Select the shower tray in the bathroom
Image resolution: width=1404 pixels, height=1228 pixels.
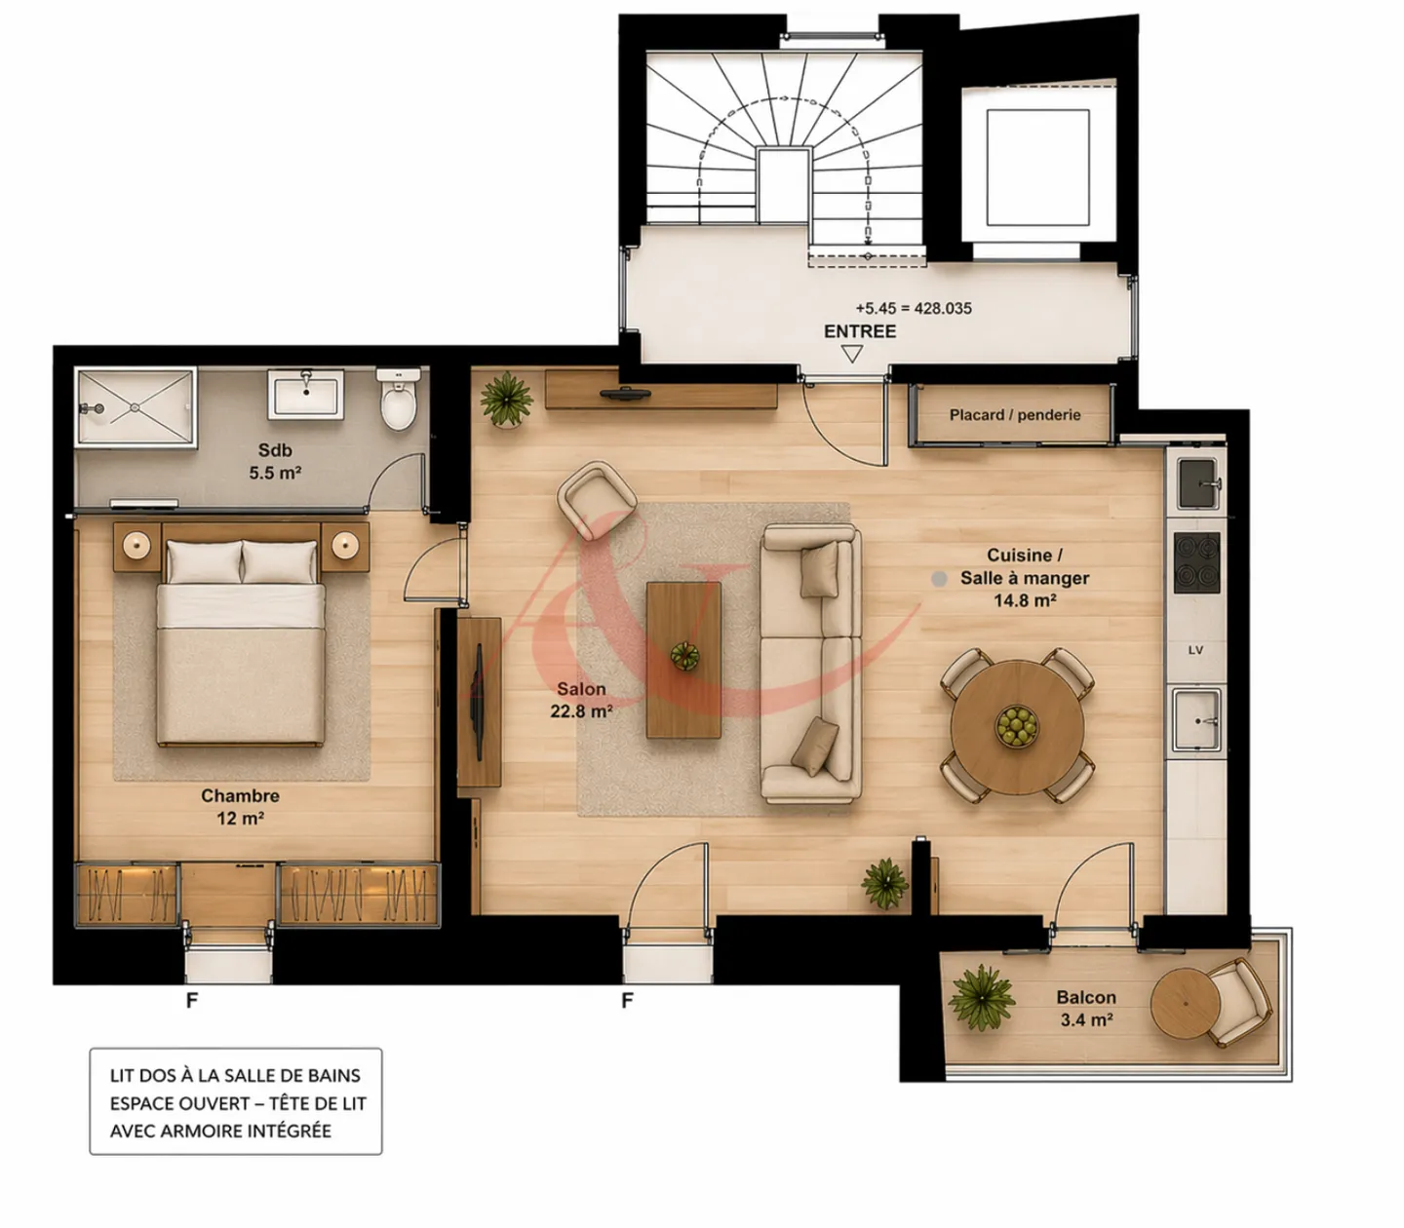coord(136,406)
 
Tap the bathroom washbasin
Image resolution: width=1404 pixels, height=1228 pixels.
coord(306,394)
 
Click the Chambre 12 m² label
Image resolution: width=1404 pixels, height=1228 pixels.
coord(240,807)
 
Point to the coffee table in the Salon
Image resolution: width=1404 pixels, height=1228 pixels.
coord(683,659)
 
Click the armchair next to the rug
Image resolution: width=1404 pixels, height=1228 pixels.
coord(597,497)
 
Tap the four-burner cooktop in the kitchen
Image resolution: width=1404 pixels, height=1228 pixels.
coord(1196,562)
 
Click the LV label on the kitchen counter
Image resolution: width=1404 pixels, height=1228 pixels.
coord(1195,650)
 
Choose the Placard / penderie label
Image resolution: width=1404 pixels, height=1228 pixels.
coord(1015,415)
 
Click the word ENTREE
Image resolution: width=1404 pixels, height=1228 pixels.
coord(859,331)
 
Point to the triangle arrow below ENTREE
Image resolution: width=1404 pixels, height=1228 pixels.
coord(852,354)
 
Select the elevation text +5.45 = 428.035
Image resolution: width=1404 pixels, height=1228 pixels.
coord(914,308)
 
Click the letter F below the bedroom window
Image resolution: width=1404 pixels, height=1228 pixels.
coord(191,1001)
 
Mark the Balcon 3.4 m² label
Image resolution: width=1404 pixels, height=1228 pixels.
coord(1086,1009)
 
